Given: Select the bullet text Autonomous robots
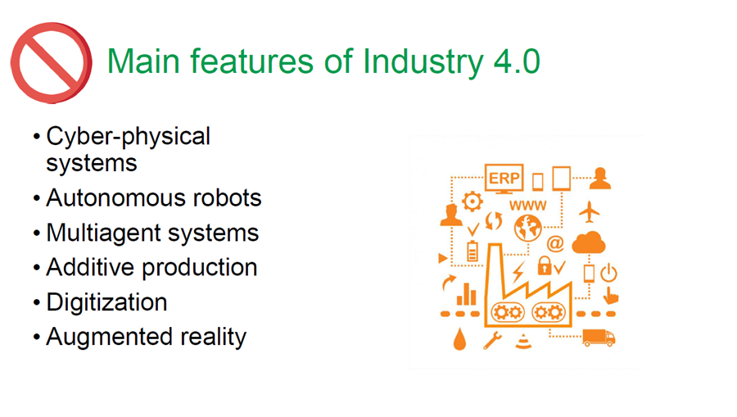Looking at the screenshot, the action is pyautogui.click(x=154, y=198).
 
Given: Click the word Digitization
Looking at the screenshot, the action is pyautogui.click(x=106, y=302).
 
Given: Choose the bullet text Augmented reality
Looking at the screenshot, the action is pyautogui.click(x=147, y=337).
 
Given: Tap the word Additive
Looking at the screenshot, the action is pyautogui.click(x=90, y=268).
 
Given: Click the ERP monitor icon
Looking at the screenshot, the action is pyautogui.click(x=504, y=179).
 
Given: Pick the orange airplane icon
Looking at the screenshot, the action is pyautogui.click(x=590, y=212).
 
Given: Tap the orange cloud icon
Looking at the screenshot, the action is pyautogui.click(x=589, y=242).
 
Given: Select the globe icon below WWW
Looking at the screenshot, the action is pyautogui.click(x=528, y=229).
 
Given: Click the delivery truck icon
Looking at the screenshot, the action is pyautogui.click(x=599, y=338).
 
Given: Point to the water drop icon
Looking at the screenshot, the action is pyautogui.click(x=459, y=339).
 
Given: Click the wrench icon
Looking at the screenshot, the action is pyautogui.click(x=492, y=340).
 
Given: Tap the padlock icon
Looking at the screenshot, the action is pyautogui.click(x=545, y=265).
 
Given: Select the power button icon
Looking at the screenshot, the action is pyautogui.click(x=608, y=273).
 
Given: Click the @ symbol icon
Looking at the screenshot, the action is pyautogui.click(x=555, y=243).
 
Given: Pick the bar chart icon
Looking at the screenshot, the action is pyautogui.click(x=466, y=294).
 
